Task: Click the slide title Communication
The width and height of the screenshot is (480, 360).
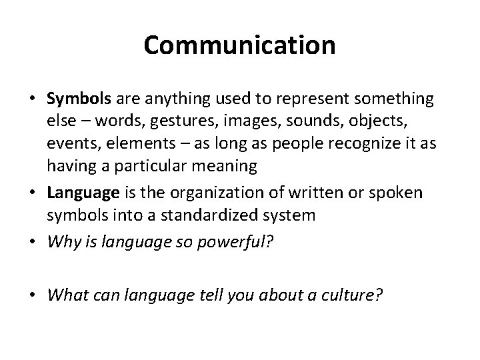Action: [x=239, y=45]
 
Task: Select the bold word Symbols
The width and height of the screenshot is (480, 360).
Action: [x=80, y=100]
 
